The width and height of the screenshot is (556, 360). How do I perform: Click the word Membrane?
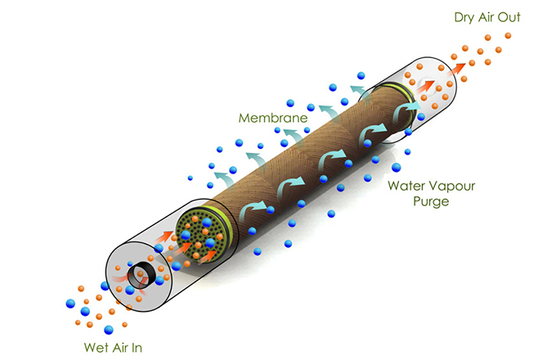272,118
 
